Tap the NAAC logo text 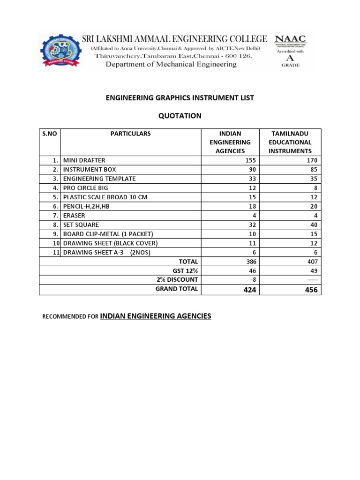(x=290, y=39)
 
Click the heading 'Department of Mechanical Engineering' (x=171, y=65)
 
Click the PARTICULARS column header (x=131, y=134)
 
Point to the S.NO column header (x=50, y=134)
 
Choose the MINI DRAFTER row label (x=84, y=160)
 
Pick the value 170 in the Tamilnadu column (x=311, y=160)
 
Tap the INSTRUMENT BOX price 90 (x=252, y=170)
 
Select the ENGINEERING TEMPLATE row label (x=99, y=179)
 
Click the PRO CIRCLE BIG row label (x=85, y=188)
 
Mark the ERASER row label (x=74, y=216)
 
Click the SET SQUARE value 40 (x=313, y=225)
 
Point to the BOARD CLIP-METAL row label (x=108, y=234)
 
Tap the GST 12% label (x=186, y=270)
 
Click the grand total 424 (x=249, y=290)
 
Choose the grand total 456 (x=310, y=290)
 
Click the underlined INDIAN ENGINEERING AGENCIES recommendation (x=156, y=317)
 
